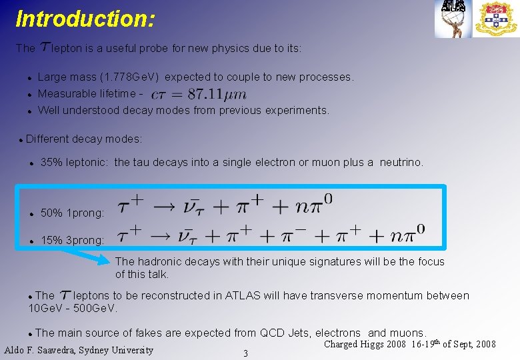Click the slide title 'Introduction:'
85,18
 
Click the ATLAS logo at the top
453,17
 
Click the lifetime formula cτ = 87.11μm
199,94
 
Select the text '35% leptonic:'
75,162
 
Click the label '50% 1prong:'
72,213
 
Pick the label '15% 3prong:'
72,240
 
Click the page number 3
245,353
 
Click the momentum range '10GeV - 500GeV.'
73,308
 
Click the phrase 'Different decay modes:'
83,139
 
